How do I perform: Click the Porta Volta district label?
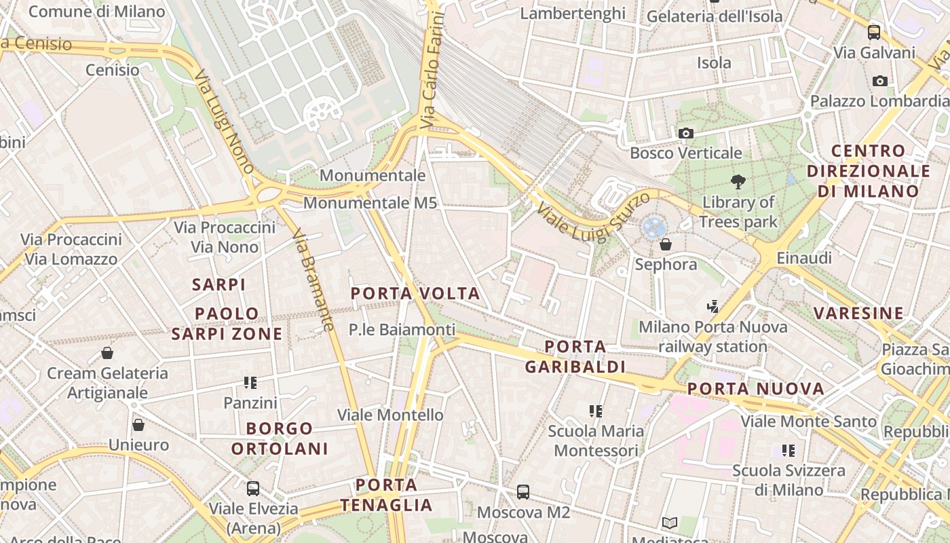[415, 294]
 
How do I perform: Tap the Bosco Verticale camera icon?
[686, 133]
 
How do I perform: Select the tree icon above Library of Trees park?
[738, 181]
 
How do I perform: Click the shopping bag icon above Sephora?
[666, 244]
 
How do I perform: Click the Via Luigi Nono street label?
[224, 122]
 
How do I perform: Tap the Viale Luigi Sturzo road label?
[594, 214]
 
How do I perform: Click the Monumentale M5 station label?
[370, 203]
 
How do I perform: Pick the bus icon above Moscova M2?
[522, 491]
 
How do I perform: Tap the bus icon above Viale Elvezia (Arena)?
[253, 488]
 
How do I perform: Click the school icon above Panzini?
[250, 383]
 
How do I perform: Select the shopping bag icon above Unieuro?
[138, 425]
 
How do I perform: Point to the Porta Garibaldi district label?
[575, 357]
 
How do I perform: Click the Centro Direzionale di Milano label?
[869, 171]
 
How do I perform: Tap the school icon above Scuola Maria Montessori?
[596, 411]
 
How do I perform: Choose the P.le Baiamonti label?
[402, 330]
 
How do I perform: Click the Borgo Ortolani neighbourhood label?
[280, 438]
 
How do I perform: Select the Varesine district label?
[858, 313]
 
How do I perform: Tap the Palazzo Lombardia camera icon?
[880, 81]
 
